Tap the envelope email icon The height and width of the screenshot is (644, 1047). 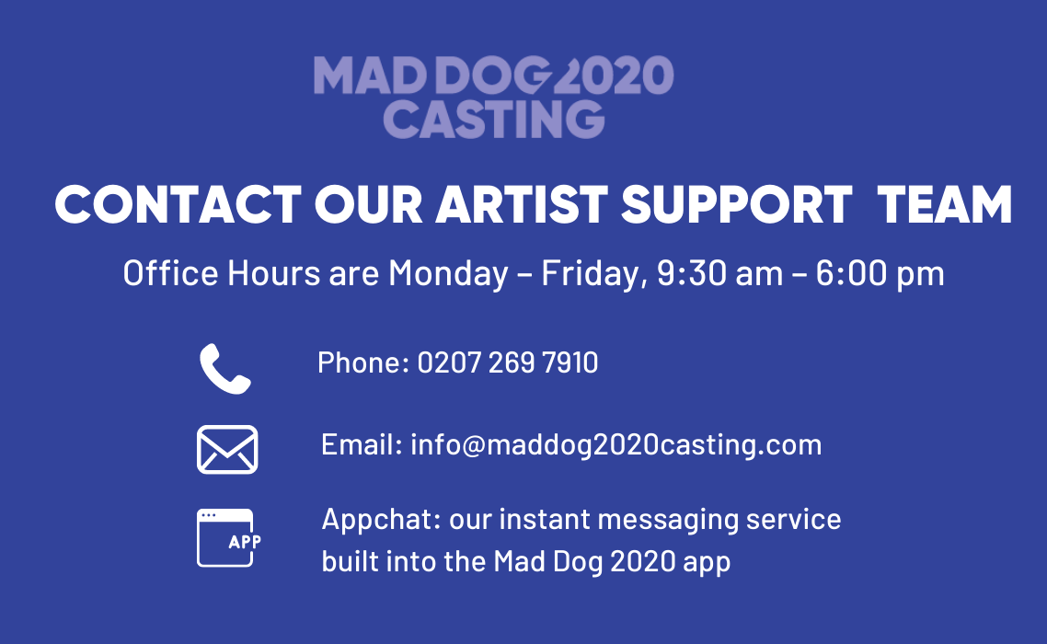[x=227, y=450]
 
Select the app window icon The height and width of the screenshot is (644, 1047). [x=228, y=538]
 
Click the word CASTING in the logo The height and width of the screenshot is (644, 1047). [x=493, y=120]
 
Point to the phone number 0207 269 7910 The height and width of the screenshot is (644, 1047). [x=508, y=362]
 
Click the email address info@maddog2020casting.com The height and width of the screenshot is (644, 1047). [x=616, y=445]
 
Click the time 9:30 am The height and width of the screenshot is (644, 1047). [x=719, y=273]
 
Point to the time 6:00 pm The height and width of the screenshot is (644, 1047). [x=880, y=274]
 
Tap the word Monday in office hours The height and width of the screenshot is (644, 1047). [x=449, y=274]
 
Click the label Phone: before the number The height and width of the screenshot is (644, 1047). [x=363, y=362]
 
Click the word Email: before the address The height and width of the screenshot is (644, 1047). [x=362, y=445]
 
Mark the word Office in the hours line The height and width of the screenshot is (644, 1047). [x=170, y=273]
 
